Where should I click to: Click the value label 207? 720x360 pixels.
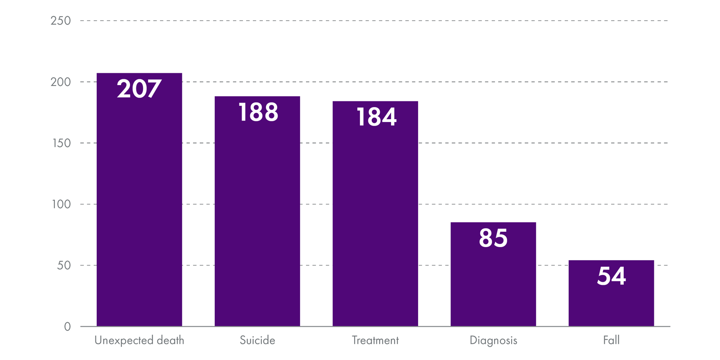click(139, 89)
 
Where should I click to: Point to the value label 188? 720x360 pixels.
click(258, 112)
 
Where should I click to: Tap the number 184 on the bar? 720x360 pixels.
click(376, 117)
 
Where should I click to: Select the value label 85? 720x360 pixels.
click(493, 238)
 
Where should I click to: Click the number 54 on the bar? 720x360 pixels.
click(611, 276)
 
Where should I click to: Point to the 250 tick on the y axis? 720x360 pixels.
click(61, 21)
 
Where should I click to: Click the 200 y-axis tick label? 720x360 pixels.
click(61, 82)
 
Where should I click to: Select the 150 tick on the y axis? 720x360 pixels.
click(61, 143)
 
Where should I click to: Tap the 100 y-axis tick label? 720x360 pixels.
click(61, 204)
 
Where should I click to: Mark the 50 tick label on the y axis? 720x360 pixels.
click(63, 265)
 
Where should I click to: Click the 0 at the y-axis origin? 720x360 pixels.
click(67, 327)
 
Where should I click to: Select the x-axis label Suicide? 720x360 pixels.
click(257, 340)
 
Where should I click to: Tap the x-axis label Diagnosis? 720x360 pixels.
click(493, 341)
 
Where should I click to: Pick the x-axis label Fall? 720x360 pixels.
click(611, 340)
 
